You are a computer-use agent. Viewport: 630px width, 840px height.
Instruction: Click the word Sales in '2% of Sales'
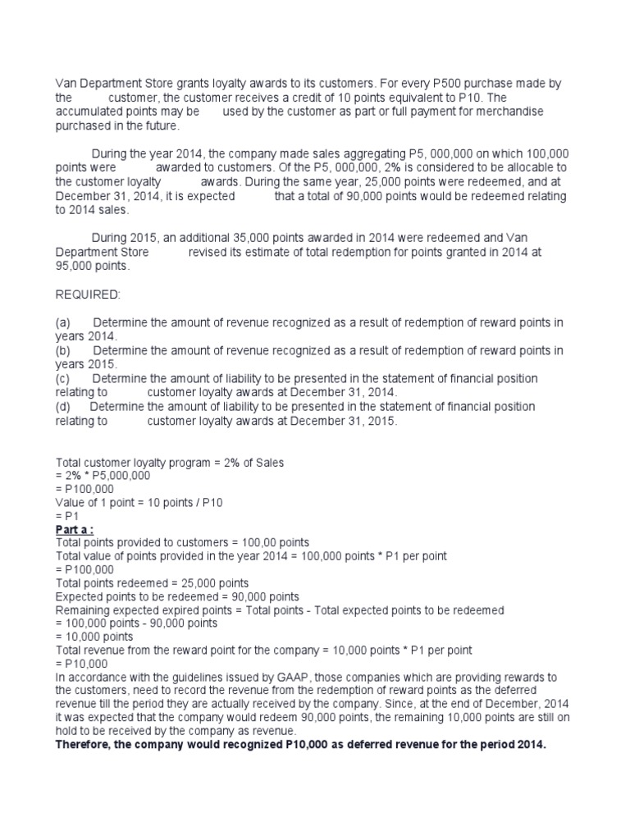coord(267,463)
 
